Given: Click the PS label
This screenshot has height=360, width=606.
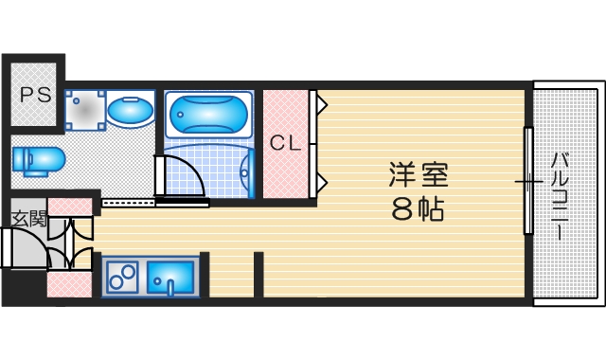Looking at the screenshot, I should point(36,94).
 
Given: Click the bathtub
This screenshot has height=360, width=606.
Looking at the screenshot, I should point(209,116).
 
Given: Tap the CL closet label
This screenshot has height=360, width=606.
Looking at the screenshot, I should point(285,144).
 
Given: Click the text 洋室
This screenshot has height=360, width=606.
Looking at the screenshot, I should point(417,176).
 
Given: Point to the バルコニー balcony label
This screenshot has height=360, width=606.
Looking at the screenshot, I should point(560,193).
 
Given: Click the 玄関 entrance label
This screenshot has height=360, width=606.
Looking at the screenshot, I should point(27,219).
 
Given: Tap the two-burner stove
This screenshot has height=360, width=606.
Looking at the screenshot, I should point(122,278).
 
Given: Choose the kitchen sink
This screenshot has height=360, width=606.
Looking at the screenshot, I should point(171,278).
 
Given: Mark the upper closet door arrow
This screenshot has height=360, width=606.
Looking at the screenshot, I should point(322,102).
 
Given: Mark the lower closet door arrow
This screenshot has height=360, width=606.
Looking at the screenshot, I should point(322,180).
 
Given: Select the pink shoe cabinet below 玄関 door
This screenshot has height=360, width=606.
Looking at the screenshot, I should point(69,284).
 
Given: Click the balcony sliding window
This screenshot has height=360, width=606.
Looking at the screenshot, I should point(527,179).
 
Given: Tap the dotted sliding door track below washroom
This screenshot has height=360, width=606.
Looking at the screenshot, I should point(128,202).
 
